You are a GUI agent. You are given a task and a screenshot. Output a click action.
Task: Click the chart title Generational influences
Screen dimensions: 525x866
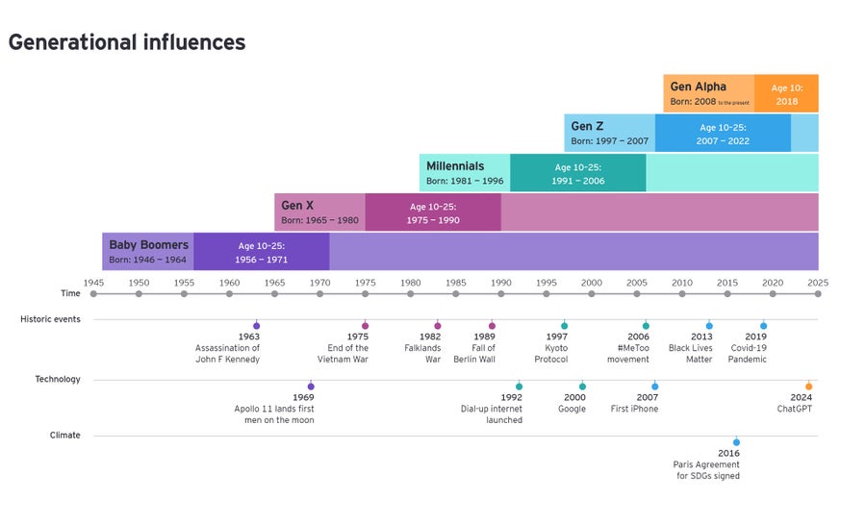pyautogui.click(x=127, y=42)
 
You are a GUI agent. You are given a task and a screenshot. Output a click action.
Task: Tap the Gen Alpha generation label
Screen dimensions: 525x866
pyautogui.click(x=698, y=87)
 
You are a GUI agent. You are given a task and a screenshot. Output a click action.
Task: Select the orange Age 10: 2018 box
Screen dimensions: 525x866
pyautogui.click(x=785, y=93)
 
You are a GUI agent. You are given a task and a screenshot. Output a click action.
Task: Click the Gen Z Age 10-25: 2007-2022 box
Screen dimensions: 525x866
pyautogui.click(x=723, y=134)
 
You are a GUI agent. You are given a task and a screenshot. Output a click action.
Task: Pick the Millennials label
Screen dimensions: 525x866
pyautogui.click(x=455, y=166)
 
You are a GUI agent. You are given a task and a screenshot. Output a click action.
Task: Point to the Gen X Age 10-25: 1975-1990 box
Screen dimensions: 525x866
pyautogui.click(x=433, y=212)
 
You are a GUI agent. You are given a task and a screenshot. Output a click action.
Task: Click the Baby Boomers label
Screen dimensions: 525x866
pyautogui.click(x=148, y=245)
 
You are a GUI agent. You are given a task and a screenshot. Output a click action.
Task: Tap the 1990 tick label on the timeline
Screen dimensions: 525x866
pyautogui.click(x=500, y=283)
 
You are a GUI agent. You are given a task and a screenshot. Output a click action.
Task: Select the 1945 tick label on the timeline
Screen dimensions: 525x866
pyautogui.click(x=93, y=283)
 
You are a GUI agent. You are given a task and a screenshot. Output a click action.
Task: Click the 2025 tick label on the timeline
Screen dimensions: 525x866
pyautogui.click(x=818, y=283)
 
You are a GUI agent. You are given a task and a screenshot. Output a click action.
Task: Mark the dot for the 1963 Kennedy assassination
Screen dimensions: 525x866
pyautogui.click(x=256, y=326)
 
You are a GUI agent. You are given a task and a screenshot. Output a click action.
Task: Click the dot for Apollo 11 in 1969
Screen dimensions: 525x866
pyautogui.click(x=311, y=387)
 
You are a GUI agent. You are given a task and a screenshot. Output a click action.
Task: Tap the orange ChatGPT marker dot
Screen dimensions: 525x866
pyautogui.click(x=808, y=387)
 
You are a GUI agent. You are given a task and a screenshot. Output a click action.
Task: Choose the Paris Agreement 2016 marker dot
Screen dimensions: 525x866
pyautogui.click(x=736, y=442)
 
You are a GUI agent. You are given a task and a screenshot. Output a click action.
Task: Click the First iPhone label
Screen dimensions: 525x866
pyautogui.click(x=634, y=409)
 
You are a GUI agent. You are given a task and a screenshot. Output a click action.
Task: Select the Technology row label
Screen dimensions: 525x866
pyautogui.click(x=58, y=379)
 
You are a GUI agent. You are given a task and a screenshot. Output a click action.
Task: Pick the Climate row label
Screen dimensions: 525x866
pyautogui.click(x=65, y=435)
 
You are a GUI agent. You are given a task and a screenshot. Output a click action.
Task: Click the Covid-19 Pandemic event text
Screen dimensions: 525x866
pyautogui.click(x=748, y=354)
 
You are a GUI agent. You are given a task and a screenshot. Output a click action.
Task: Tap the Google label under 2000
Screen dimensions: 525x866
pyautogui.click(x=572, y=409)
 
